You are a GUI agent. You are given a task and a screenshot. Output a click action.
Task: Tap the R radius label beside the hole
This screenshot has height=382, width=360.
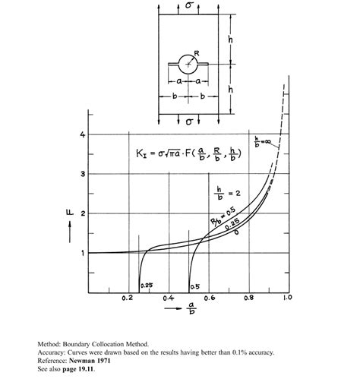pos(196,54)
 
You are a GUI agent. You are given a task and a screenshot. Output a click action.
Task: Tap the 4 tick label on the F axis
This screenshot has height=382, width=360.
pos(82,135)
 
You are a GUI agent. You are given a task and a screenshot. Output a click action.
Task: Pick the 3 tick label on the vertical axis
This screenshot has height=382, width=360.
pos(82,175)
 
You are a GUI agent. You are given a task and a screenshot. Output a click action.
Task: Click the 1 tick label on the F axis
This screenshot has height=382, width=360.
pos(82,254)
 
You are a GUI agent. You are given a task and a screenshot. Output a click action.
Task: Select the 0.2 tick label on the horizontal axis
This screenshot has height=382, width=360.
pos(127,300)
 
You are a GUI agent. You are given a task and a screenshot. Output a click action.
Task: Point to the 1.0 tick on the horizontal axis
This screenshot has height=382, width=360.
pos(287,300)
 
